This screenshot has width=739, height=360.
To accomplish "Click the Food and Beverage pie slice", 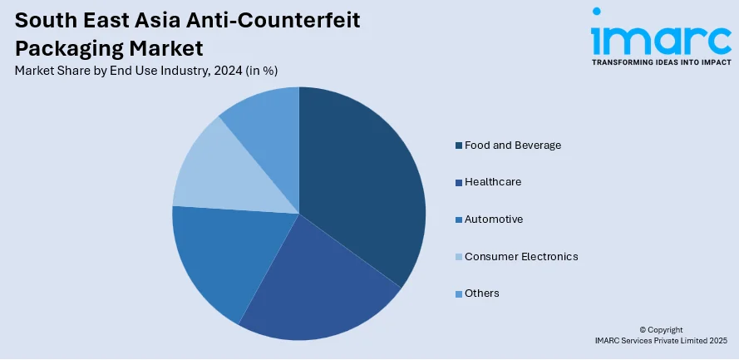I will coord(366,183).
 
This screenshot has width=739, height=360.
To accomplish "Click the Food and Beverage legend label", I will coord(513,145).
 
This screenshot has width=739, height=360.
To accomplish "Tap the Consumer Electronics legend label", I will coord(521,256).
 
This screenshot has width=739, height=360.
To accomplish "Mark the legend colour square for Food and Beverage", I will coord(458,146).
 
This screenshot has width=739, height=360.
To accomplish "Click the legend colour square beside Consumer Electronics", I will coord(458,257).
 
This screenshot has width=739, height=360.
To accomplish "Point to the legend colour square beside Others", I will coord(458,293).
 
